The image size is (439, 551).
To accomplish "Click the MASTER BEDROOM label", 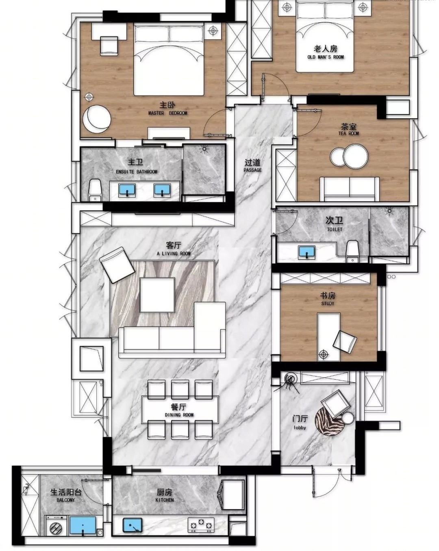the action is point(168,113).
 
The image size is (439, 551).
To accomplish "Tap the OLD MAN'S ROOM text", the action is point(326,57).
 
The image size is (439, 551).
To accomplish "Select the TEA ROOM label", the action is point(349,133).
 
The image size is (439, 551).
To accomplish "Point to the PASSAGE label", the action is point(252,170).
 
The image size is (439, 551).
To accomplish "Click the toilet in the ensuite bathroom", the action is point(95,190).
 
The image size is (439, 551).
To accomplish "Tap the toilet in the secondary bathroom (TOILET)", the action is point(352,251).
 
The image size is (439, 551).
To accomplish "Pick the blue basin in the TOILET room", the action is point(307,252).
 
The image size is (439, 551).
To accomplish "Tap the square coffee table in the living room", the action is point(157,295).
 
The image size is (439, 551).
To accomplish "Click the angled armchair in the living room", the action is point(117,265).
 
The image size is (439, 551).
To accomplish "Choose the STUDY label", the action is point(328,304).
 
